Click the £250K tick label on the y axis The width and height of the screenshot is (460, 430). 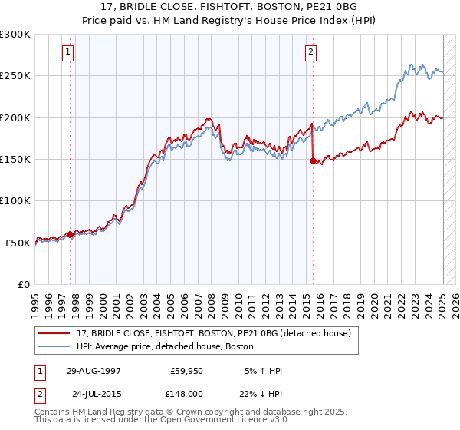(15, 76)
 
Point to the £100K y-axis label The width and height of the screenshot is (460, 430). (15, 201)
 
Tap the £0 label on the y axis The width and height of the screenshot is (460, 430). (24, 284)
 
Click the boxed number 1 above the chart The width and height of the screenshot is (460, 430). (68, 52)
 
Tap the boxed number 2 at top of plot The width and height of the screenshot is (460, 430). (310, 52)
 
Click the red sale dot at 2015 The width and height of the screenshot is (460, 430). (313, 161)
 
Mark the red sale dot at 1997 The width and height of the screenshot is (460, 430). (71, 234)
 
